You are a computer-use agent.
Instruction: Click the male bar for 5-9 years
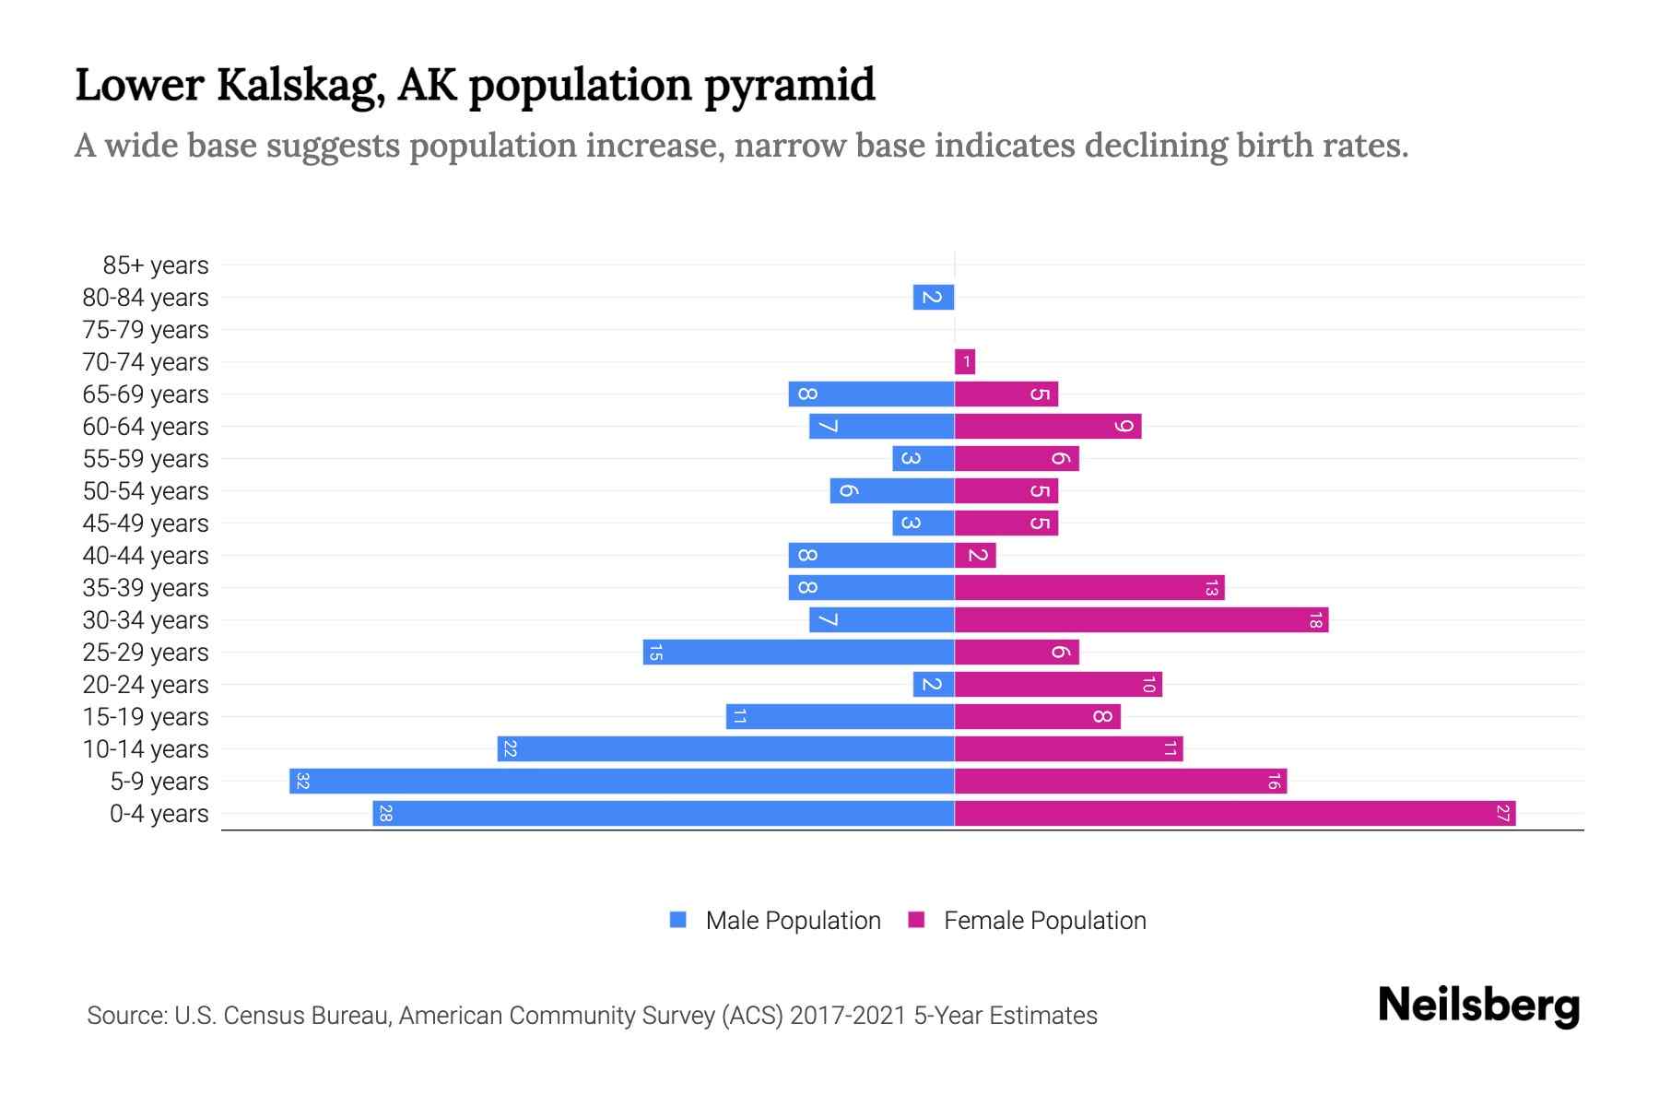(622, 782)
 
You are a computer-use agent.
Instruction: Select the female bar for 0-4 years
(1235, 814)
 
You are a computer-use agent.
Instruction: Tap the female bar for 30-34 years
(1141, 620)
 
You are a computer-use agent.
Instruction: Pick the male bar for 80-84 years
(934, 298)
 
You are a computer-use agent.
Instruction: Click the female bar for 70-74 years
(965, 362)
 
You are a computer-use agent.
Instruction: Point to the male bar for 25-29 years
(798, 653)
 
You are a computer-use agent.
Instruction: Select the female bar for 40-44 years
(975, 556)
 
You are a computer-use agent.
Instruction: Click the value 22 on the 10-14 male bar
(510, 749)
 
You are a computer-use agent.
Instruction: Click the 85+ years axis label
(156, 265)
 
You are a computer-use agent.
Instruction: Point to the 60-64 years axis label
(146, 427)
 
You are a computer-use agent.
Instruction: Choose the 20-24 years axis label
(146, 685)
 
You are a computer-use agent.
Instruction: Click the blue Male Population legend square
(678, 920)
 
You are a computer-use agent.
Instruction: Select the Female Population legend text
(1044, 921)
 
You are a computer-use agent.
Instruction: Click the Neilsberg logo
(1478, 1006)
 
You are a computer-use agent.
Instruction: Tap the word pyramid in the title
(790, 86)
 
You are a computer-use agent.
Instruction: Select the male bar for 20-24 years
(934, 685)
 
